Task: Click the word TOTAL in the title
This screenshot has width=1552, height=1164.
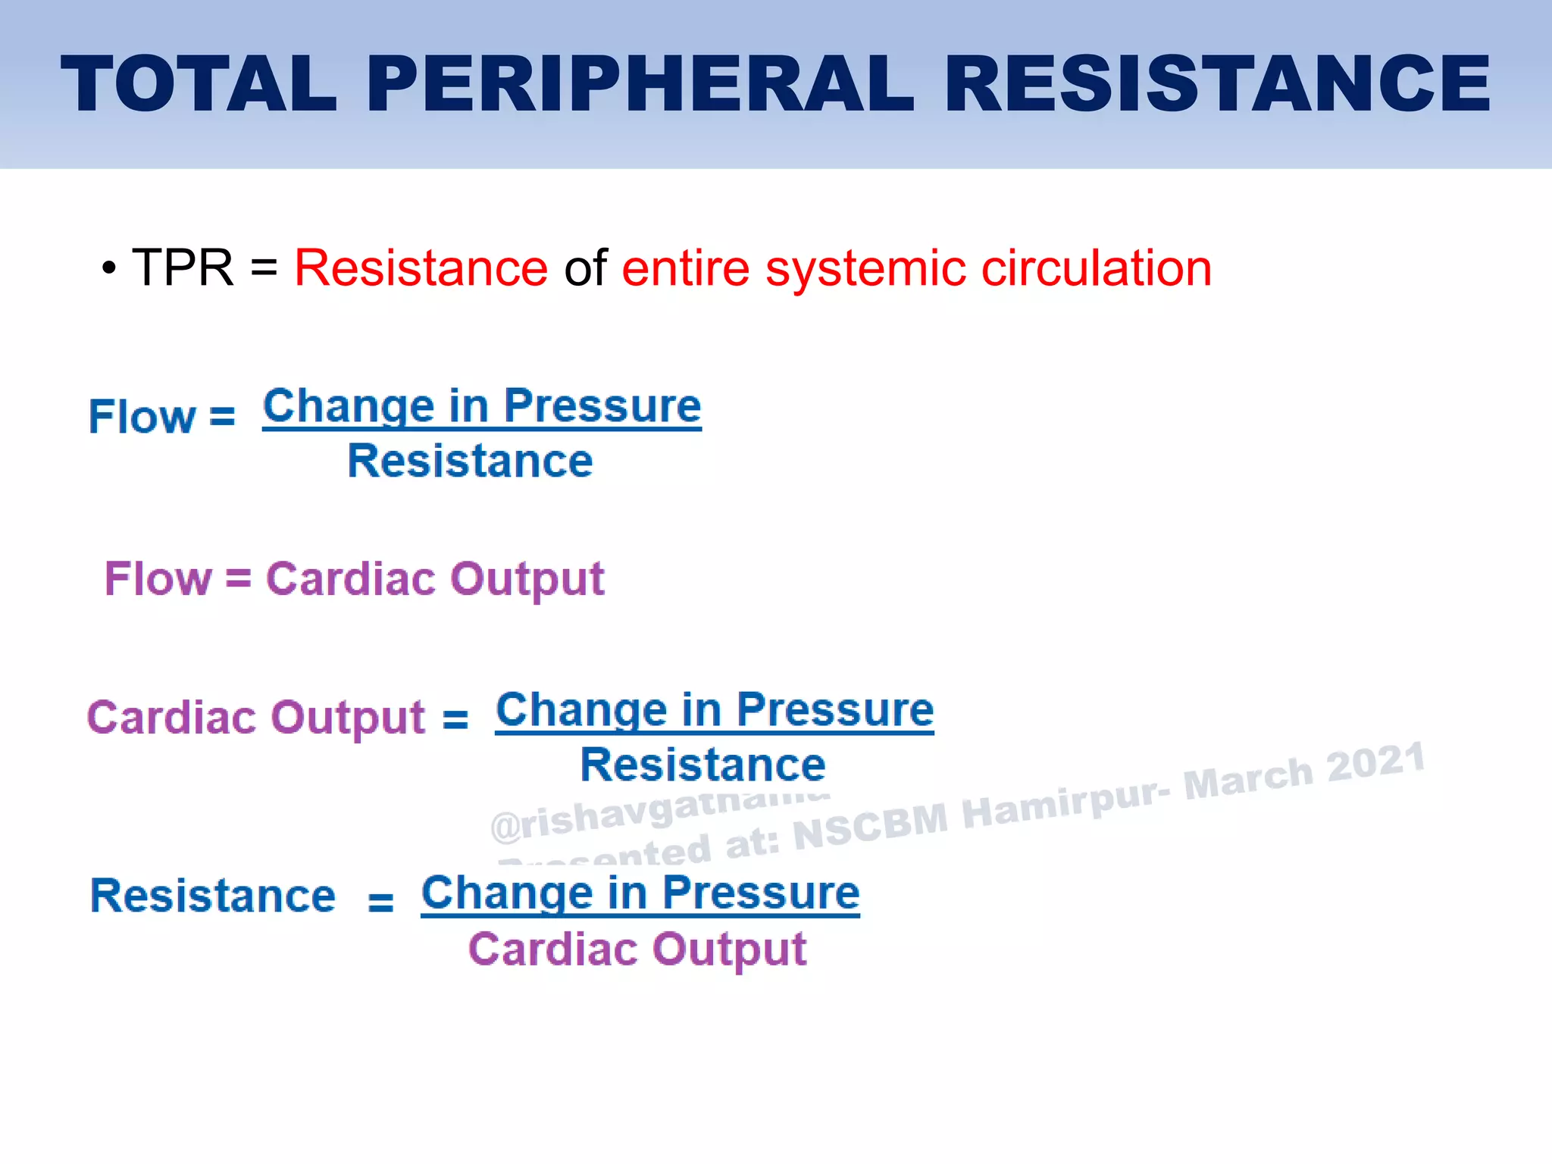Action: point(199,84)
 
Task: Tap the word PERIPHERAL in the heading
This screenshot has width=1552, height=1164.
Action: point(640,84)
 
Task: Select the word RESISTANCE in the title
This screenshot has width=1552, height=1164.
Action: point(1217,84)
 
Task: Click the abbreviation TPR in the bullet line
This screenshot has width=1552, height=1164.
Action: point(183,268)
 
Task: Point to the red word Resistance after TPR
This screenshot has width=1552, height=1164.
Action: point(421,268)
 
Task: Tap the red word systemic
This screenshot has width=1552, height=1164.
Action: point(865,269)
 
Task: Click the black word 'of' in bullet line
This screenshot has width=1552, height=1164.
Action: point(585,268)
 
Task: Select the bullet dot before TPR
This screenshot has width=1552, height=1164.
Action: point(109,268)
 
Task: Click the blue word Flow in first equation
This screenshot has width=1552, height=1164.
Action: point(142,416)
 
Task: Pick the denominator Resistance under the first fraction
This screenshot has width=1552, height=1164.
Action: point(470,461)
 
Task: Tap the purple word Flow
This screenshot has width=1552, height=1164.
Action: point(158,579)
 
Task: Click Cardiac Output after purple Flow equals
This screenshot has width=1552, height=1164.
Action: point(435,579)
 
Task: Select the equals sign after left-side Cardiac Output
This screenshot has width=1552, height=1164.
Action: point(455,718)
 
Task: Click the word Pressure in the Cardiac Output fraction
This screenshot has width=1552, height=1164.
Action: point(835,710)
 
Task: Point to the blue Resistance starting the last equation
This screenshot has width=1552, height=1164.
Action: point(213,896)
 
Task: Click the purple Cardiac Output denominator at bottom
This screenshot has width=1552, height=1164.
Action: point(637,949)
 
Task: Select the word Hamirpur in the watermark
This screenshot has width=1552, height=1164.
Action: point(1064,807)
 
